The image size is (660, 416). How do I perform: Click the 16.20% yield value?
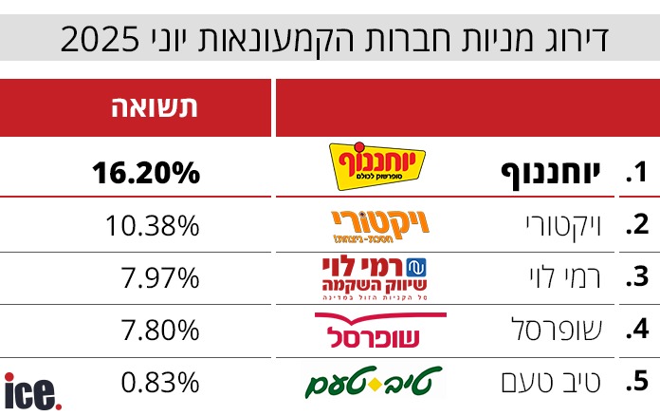click(146, 173)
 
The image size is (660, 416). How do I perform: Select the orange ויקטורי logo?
click(376, 224)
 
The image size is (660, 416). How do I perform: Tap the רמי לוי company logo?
click(377, 277)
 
